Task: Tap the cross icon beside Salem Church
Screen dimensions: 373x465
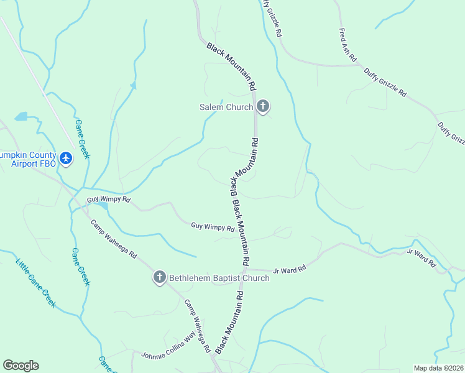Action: (x=263, y=107)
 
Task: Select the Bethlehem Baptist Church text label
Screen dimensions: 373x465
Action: (x=219, y=278)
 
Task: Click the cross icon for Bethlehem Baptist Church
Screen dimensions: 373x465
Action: (x=160, y=277)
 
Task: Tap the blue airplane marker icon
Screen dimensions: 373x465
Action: (x=67, y=159)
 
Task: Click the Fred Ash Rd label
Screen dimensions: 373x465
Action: (x=348, y=44)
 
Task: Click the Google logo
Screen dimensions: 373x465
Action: (x=21, y=366)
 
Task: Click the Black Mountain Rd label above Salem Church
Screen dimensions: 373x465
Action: (x=232, y=67)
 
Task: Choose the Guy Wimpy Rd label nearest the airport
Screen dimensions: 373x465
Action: (x=109, y=200)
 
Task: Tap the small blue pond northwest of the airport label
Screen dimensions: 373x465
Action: (x=22, y=116)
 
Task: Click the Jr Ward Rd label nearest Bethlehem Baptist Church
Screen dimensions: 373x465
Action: (x=293, y=269)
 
